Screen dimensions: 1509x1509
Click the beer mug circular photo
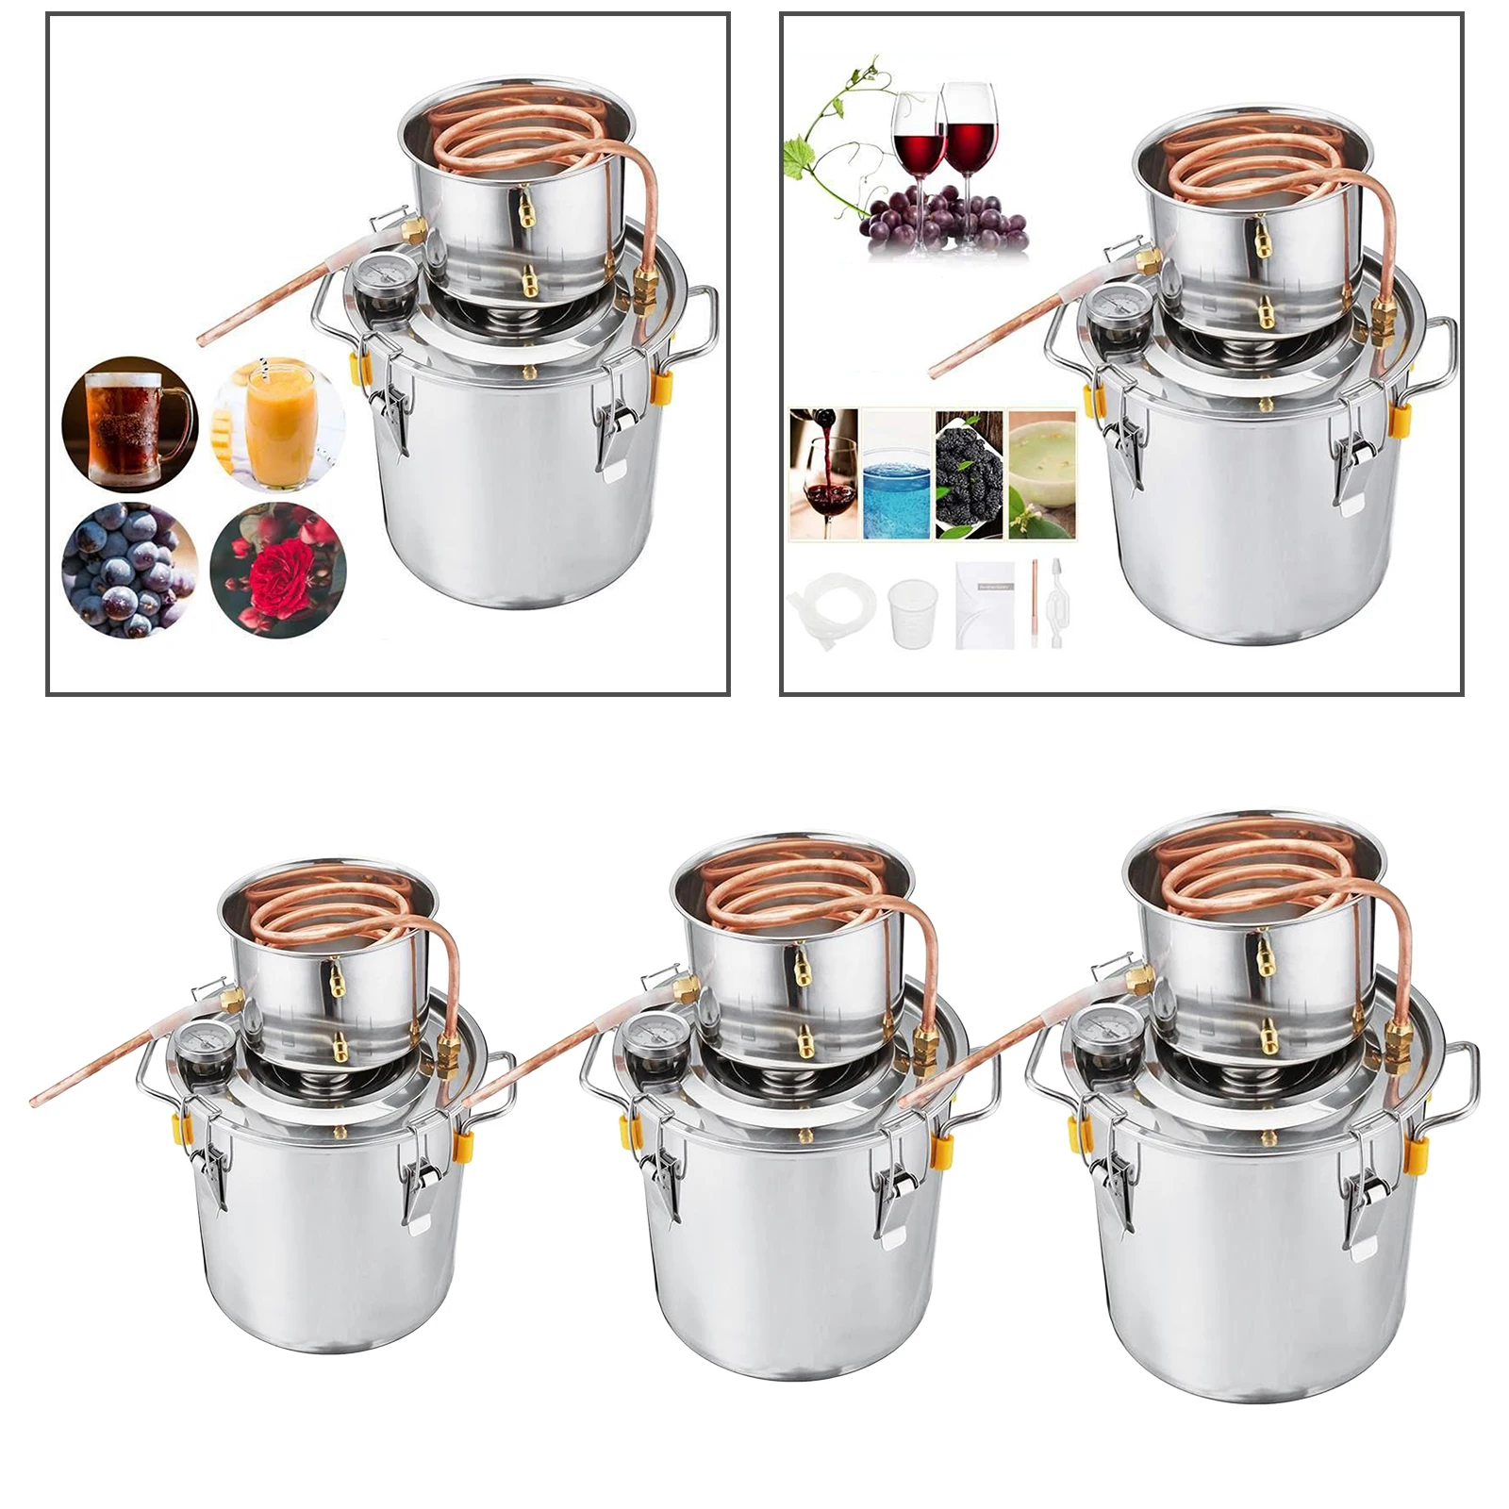[x=129, y=423]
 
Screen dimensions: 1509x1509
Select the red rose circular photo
[x=278, y=571]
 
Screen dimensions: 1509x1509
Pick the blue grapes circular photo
[x=129, y=571]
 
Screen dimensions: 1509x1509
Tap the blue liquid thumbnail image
[x=896, y=474]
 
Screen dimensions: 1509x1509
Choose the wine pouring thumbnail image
[x=823, y=474]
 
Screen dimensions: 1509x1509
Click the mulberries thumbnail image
[x=969, y=474]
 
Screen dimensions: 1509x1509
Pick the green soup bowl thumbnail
[x=1042, y=474]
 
